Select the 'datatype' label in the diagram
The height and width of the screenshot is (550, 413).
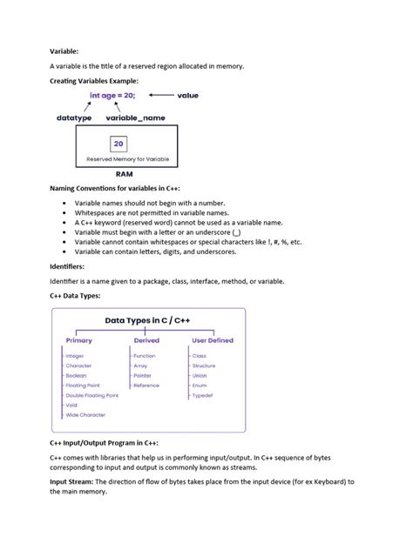coord(76,117)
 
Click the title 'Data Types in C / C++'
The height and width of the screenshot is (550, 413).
coord(148,321)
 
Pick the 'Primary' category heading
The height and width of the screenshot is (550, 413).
coord(78,340)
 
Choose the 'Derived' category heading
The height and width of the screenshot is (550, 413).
coord(146,340)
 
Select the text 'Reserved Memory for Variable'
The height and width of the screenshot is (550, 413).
coord(128,159)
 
